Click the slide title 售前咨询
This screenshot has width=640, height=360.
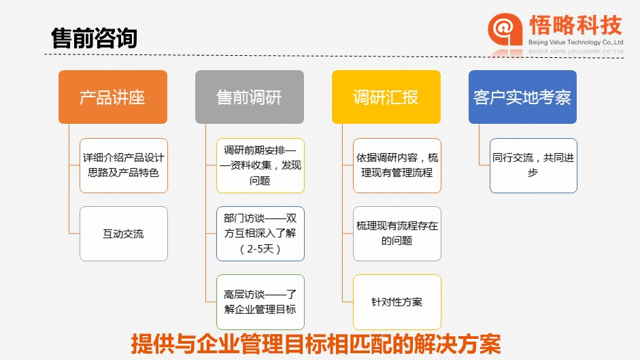(94, 38)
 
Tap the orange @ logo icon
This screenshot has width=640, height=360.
(505, 29)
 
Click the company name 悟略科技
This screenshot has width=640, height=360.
(575, 25)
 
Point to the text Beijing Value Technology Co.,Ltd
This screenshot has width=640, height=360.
(575, 42)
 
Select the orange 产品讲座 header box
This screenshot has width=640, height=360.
(113, 97)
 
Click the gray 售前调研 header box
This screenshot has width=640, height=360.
(250, 97)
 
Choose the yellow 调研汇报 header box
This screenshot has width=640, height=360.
(386, 97)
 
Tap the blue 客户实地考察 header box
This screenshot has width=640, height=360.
(522, 97)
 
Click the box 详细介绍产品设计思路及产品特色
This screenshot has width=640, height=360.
(124, 165)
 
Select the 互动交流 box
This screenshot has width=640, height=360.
(124, 233)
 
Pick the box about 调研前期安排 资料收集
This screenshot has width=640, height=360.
(260, 165)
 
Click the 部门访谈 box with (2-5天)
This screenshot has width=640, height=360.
(260, 233)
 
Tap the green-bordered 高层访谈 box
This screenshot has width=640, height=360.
(260, 302)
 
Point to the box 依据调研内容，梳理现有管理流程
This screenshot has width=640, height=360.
(397, 165)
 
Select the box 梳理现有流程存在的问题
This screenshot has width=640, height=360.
(397, 233)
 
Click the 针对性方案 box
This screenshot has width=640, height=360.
(397, 302)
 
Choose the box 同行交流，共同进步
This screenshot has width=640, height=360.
(533, 165)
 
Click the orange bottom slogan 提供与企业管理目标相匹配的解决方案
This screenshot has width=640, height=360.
(316, 344)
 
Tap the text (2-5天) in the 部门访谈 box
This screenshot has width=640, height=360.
(260, 249)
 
